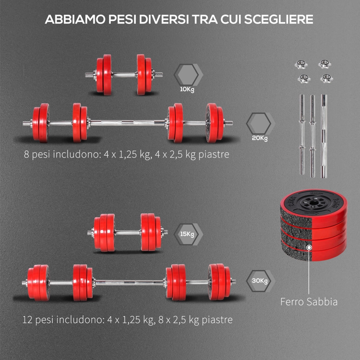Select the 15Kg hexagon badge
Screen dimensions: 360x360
[187, 234]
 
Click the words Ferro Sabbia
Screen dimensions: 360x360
[309, 302]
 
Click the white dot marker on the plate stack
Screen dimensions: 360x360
[309, 247]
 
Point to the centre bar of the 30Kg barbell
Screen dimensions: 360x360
[129, 282]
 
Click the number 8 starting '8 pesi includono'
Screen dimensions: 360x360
[26, 154]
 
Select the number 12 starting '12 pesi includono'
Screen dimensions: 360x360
[27, 320]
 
